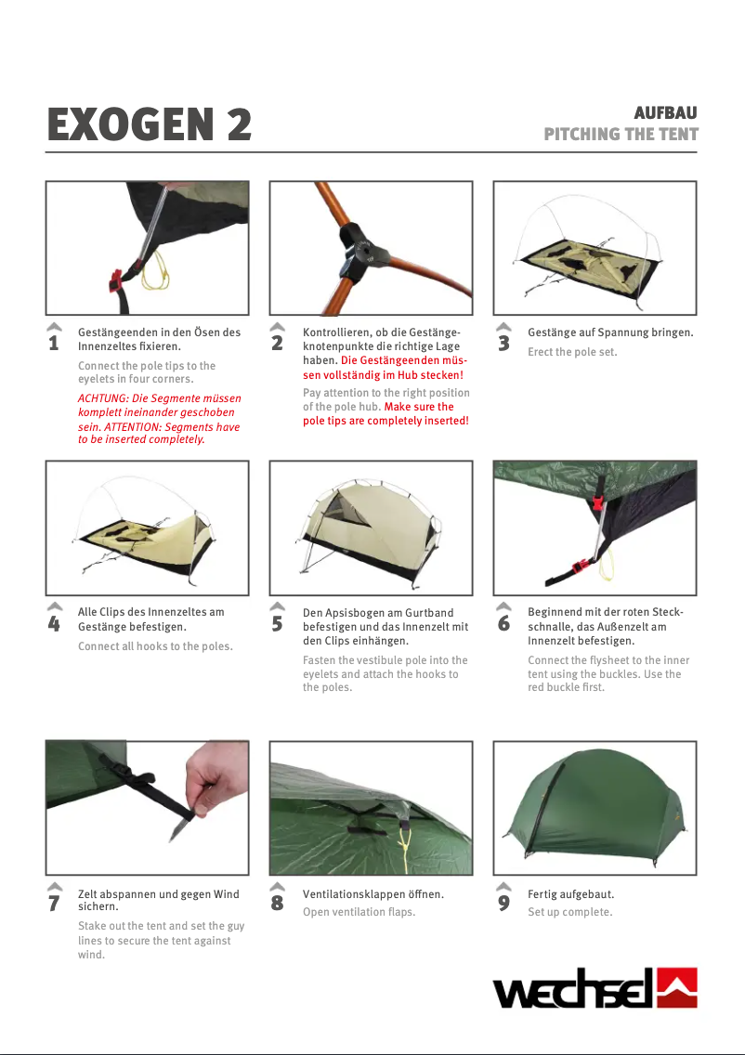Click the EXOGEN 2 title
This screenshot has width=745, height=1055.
[149, 125]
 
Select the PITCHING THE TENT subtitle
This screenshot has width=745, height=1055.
[621, 134]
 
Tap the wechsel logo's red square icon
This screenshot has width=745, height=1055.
[676, 987]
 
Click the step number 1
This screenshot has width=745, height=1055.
[53, 345]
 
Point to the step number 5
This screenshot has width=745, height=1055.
[277, 625]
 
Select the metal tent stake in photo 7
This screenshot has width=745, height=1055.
[178, 826]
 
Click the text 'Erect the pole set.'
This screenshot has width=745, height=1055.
[572, 352]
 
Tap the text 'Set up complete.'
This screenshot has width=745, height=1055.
[569, 912]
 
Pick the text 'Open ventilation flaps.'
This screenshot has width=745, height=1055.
[359, 912]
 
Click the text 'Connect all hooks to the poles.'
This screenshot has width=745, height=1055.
[155, 646]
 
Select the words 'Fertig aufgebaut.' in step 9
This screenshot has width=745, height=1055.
[570, 894]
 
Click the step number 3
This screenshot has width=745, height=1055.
[503, 345]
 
